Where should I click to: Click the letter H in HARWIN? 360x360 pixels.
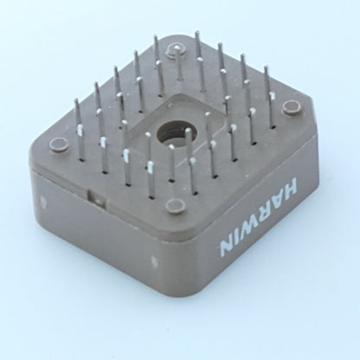pyautogui.click(x=288, y=186)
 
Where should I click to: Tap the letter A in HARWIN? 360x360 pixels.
pyautogui.click(x=279, y=201)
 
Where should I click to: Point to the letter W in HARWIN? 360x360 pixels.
pyautogui.click(x=252, y=228)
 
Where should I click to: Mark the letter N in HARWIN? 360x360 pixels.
pyautogui.click(x=227, y=249)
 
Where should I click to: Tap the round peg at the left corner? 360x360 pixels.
pyautogui.click(x=59, y=145)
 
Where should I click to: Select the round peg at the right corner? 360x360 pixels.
pyautogui.click(x=291, y=107)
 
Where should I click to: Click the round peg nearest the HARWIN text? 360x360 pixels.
pyautogui.click(x=176, y=205)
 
